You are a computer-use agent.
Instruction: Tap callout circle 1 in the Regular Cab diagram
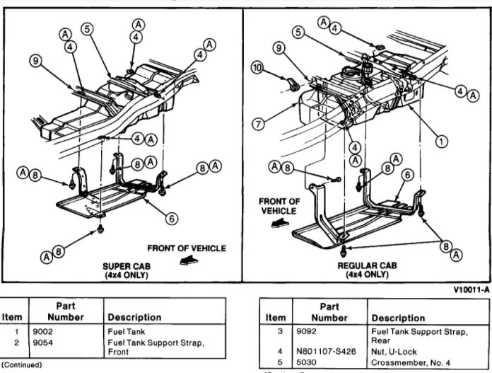click(443, 141)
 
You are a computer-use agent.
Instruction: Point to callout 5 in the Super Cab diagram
click(87, 30)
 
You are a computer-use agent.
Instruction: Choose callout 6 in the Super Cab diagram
click(171, 219)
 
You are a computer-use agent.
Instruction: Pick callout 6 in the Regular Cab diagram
click(408, 173)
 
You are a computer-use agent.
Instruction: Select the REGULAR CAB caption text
click(368, 266)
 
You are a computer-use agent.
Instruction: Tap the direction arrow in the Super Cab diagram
click(186, 260)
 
